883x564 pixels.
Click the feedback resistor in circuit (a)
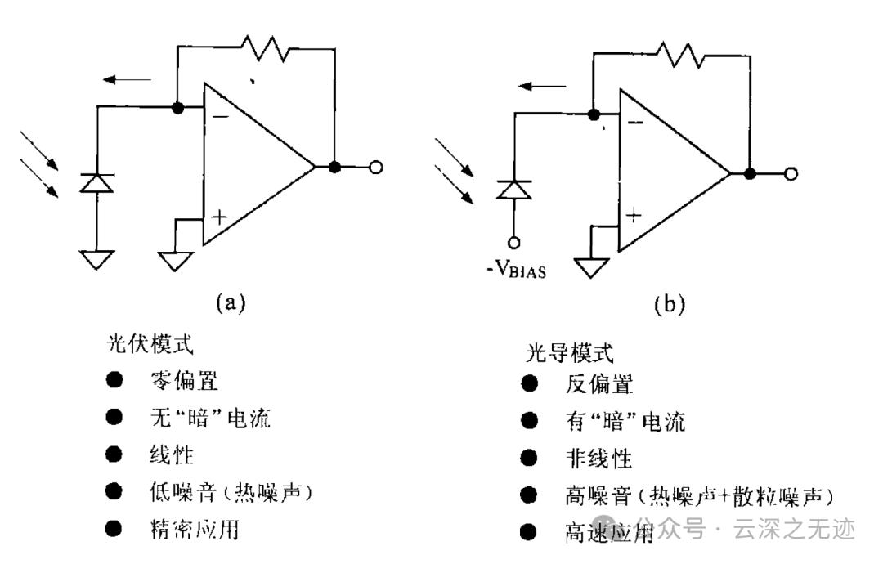(265, 48)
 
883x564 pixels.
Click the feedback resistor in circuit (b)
(680, 55)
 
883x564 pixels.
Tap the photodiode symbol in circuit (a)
(96, 183)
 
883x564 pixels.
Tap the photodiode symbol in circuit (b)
(513, 190)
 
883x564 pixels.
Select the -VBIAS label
(517, 269)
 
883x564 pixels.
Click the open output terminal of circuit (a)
(375, 168)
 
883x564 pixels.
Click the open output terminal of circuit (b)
(791, 174)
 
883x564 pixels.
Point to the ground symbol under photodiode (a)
(96, 260)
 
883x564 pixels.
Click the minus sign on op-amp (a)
(220, 117)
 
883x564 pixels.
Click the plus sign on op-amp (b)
(634, 215)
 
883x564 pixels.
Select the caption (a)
(231, 302)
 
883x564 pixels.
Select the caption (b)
(669, 304)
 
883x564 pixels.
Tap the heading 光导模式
(569, 353)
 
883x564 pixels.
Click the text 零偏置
(184, 381)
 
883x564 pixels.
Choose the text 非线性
(598, 459)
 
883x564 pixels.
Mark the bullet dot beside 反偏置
(529, 384)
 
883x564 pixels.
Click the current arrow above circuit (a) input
(127, 80)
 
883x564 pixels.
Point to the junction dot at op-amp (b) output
(750, 174)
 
